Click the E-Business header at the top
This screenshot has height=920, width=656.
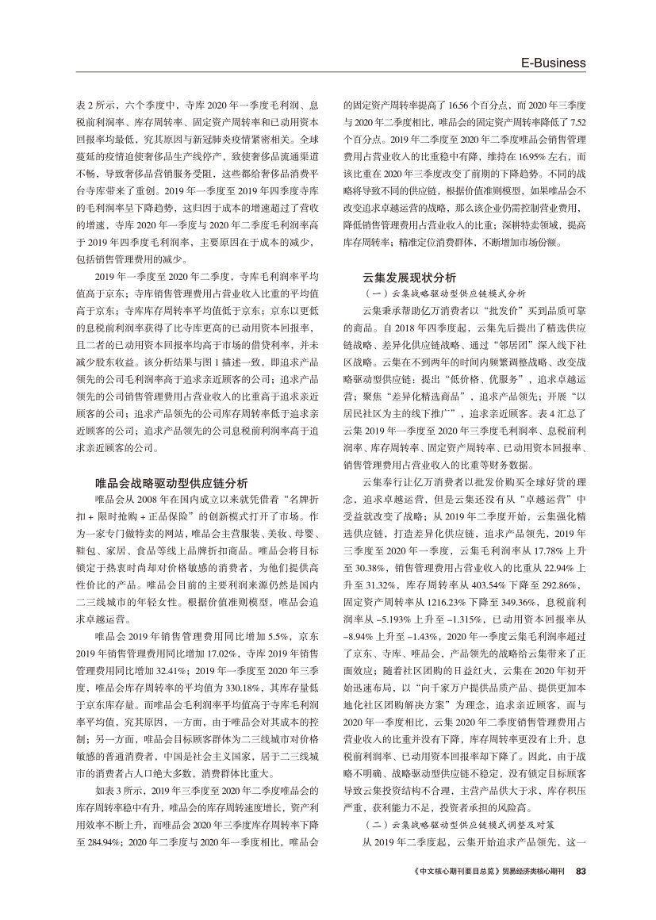(552, 63)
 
